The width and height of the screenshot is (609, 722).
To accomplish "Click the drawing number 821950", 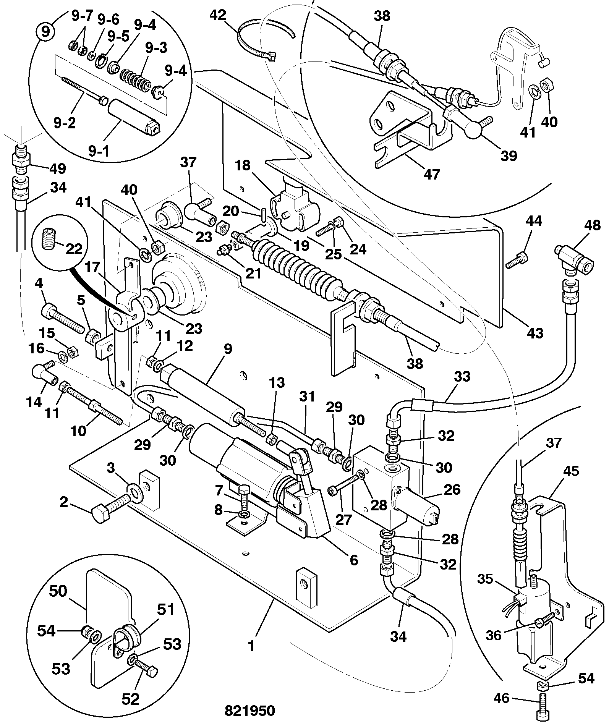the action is click(249, 711).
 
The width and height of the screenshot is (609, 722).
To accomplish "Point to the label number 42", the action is click(218, 16).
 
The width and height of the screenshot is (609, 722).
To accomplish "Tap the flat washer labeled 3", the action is click(135, 493).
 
